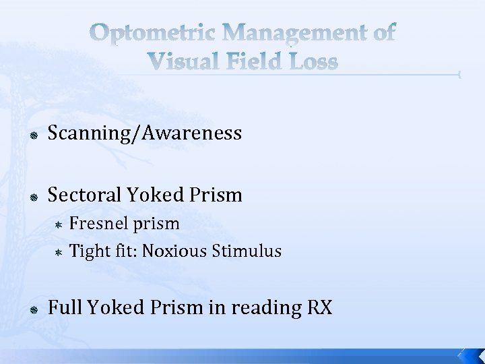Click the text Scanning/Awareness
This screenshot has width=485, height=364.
tap(144, 134)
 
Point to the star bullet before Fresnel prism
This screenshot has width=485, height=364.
tap(59, 224)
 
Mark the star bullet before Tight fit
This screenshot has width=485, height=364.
tap(59, 252)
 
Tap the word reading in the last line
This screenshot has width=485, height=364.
tap(263, 308)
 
